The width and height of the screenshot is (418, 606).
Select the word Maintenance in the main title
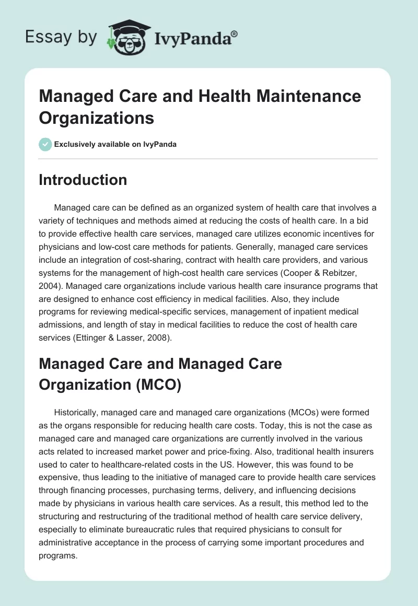(x=301, y=96)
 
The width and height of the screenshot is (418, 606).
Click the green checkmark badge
(x=45, y=144)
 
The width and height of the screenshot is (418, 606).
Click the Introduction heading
(x=83, y=180)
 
